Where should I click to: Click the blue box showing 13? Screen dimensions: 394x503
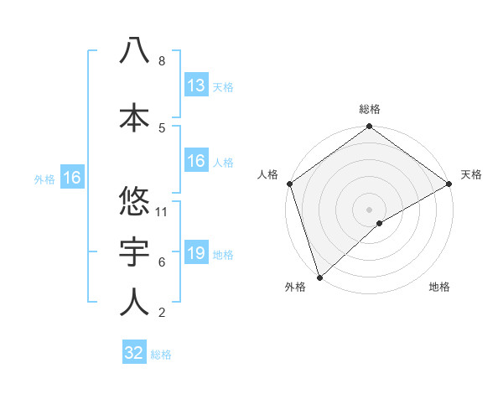(x=196, y=86)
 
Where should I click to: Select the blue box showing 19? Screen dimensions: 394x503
(x=196, y=253)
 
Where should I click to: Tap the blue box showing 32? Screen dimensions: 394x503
(x=134, y=353)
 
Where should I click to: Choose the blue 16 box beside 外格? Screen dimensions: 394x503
(x=71, y=178)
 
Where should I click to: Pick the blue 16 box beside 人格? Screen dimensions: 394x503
(x=196, y=162)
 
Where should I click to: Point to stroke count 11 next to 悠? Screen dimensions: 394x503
(x=163, y=211)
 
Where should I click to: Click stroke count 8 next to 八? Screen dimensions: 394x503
(x=162, y=61)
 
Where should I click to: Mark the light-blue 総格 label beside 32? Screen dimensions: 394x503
(x=161, y=355)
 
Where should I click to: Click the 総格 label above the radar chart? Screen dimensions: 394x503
(x=370, y=109)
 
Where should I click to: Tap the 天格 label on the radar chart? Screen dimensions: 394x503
(x=471, y=174)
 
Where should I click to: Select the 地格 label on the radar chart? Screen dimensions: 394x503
(x=439, y=287)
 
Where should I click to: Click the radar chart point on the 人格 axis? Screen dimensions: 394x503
(x=290, y=184)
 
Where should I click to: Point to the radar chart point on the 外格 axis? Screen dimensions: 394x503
(x=319, y=276)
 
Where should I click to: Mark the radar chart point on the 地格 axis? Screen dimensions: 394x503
(x=380, y=223)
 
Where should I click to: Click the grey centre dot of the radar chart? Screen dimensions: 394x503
(x=369, y=209)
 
